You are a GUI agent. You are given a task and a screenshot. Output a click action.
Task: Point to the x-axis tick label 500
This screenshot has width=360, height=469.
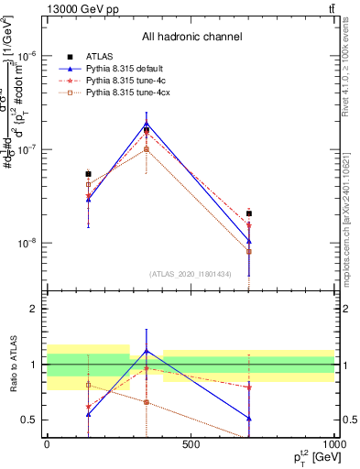point(191,445)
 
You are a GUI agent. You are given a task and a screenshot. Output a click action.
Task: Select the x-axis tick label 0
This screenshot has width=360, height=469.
point(47,445)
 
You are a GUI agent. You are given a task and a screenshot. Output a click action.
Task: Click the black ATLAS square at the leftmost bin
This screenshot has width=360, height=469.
point(88,173)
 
